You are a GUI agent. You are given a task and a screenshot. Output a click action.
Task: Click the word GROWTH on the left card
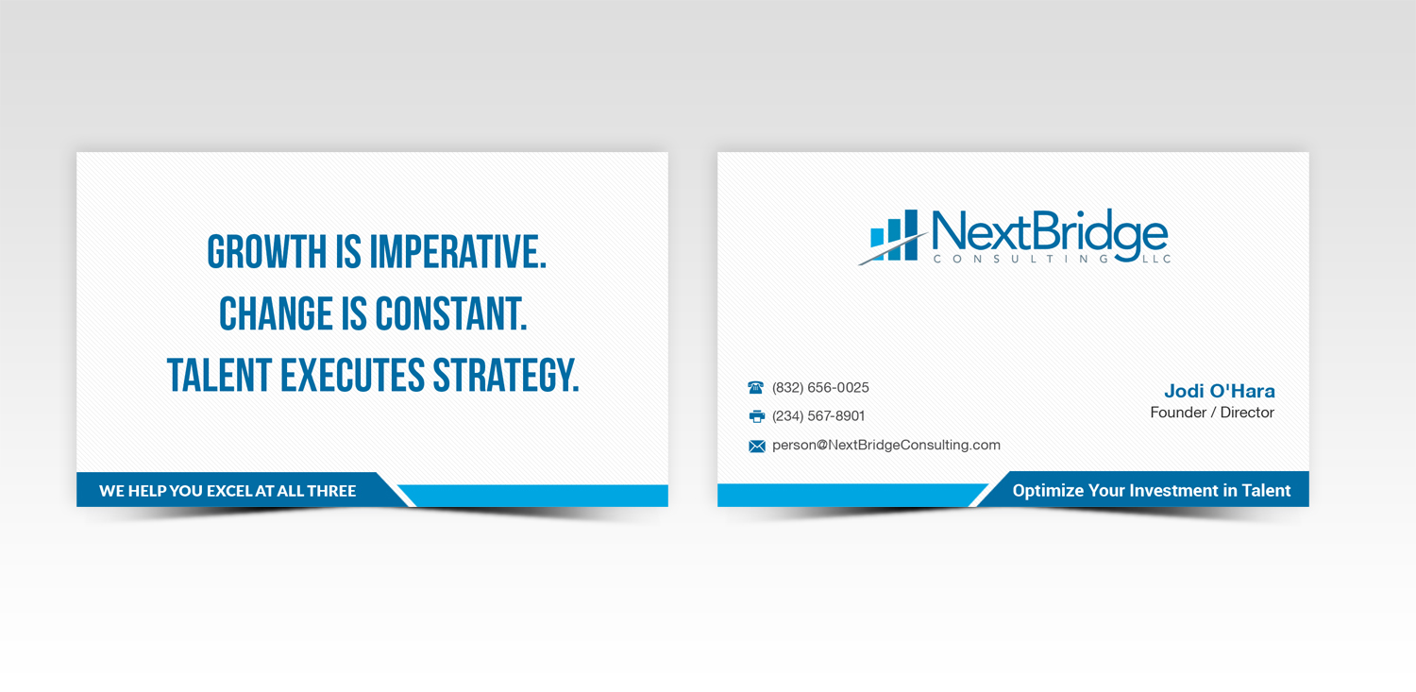[x=254, y=253]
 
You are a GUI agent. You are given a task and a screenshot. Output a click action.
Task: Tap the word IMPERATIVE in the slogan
[x=458, y=253]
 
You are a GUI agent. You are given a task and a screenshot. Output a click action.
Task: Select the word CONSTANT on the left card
[x=450, y=314]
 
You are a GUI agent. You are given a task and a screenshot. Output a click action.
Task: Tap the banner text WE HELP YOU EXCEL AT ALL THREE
[x=228, y=491]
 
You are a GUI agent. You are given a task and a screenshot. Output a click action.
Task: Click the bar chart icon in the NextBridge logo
[x=894, y=235]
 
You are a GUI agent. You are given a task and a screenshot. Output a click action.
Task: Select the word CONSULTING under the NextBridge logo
[x=1020, y=259]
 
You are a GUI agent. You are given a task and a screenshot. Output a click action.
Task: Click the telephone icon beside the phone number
[x=756, y=388]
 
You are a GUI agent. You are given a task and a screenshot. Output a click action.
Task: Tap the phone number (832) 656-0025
[x=820, y=388]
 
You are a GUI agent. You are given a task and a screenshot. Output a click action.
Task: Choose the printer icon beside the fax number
[x=756, y=416]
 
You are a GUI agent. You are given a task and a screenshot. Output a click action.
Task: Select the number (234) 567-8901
[x=818, y=416]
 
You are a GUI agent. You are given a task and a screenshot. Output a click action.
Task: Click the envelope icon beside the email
[x=757, y=446]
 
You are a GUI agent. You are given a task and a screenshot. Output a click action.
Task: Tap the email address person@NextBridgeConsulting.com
[x=885, y=445]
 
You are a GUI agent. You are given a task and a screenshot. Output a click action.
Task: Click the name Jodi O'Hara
[x=1219, y=391]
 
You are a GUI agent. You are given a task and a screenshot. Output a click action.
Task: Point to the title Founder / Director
[x=1212, y=413]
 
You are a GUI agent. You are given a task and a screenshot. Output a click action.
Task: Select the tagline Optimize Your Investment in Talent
[x=1151, y=491]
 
